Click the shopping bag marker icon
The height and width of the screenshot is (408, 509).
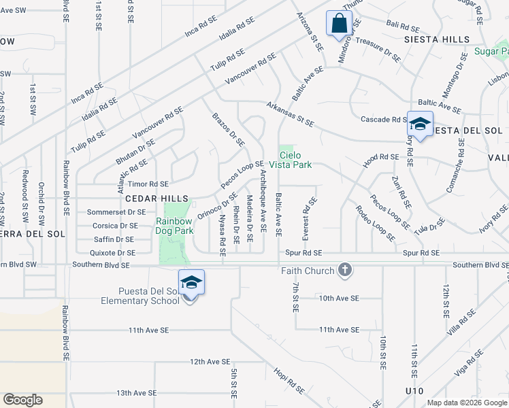338,24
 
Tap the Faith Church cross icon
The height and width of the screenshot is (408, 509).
345,271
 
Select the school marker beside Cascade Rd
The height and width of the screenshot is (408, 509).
420,124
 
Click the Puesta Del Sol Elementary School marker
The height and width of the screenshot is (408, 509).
191,284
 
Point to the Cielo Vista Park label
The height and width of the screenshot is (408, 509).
295,160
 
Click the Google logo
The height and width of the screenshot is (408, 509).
22,399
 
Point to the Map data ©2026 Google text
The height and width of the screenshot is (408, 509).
467,403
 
